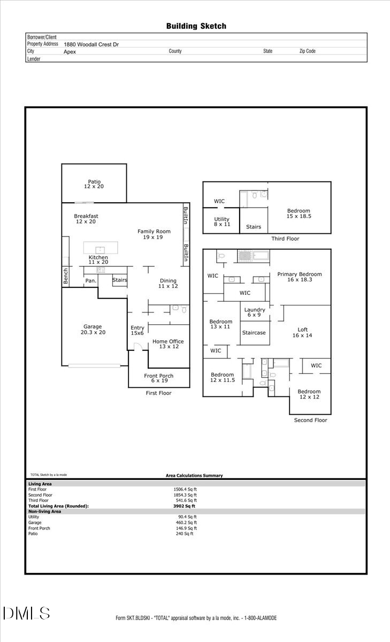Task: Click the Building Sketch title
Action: (196, 26)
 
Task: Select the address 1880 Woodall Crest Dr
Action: (91, 45)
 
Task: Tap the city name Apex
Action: (70, 52)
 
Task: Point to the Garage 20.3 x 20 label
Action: (92, 330)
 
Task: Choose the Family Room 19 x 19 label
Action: (154, 234)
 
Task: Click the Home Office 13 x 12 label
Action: (169, 344)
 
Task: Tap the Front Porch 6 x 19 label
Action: (158, 379)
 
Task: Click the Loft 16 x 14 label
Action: (302, 332)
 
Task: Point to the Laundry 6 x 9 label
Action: (255, 312)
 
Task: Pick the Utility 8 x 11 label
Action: (221, 222)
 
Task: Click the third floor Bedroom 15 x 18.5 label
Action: (299, 214)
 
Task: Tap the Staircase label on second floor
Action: (255, 332)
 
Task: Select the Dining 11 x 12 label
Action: (168, 284)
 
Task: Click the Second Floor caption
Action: (310, 421)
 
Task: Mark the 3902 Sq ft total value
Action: (185, 506)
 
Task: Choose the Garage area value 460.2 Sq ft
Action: (186, 523)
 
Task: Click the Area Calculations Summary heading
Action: (194, 476)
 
